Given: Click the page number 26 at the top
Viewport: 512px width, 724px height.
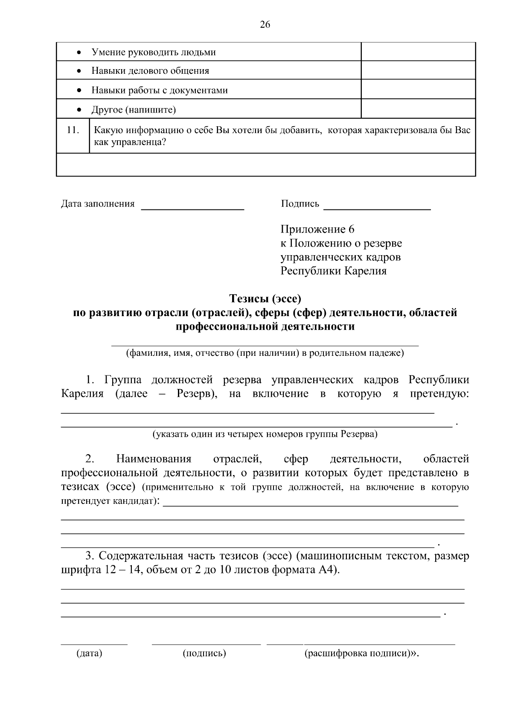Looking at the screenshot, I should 265,25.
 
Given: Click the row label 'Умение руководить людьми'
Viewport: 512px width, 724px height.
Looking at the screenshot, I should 154,52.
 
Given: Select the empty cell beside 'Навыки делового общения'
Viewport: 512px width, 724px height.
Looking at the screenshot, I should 418,70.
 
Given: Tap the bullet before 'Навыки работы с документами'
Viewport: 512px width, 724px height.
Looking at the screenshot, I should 79,90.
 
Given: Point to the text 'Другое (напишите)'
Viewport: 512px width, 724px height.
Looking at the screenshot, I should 134,110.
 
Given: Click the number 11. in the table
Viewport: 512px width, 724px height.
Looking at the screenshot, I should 73,130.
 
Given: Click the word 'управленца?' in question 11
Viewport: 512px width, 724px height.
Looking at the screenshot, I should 139,142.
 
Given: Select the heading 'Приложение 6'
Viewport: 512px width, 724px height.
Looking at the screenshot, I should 317,230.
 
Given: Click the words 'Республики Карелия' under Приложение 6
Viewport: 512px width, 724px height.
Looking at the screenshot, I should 333,271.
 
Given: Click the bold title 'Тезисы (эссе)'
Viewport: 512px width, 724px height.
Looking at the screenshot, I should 265,298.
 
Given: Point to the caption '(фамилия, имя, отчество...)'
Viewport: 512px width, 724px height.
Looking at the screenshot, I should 265,353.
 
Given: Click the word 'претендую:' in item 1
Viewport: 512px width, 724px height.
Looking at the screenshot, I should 439,393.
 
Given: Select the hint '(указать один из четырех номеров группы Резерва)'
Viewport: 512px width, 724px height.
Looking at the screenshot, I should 265,434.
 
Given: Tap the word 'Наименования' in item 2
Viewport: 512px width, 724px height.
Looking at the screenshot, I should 154,459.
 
